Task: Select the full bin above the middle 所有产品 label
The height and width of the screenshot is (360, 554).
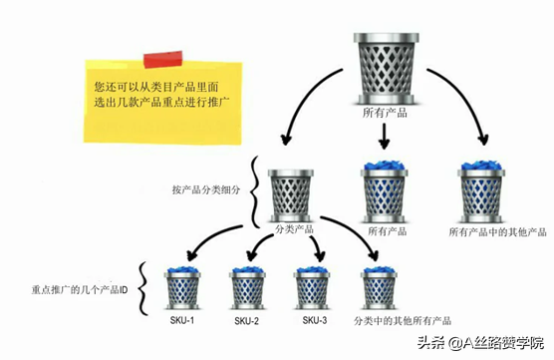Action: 387,189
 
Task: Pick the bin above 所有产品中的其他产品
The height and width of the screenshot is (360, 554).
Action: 485,188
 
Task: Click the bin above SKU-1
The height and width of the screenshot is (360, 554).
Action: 182,286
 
